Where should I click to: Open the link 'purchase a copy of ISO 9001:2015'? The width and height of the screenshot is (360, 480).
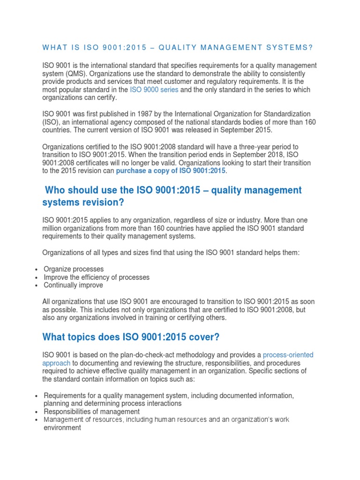coord(171,171)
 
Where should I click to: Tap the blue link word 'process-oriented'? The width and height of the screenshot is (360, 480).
coord(288,355)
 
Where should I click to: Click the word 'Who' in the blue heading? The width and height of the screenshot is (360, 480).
coord(55,190)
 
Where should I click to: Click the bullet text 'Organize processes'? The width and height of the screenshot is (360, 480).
coord(74,269)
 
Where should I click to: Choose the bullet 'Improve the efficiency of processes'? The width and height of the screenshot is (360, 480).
coord(97,277)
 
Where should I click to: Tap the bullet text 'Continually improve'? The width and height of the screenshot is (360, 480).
coord(73,285)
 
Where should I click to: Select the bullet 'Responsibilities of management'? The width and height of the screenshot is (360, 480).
coord(92,412)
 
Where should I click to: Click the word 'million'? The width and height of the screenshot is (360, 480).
coord(54,228)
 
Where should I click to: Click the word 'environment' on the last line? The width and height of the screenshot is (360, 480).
coord(62,428)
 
